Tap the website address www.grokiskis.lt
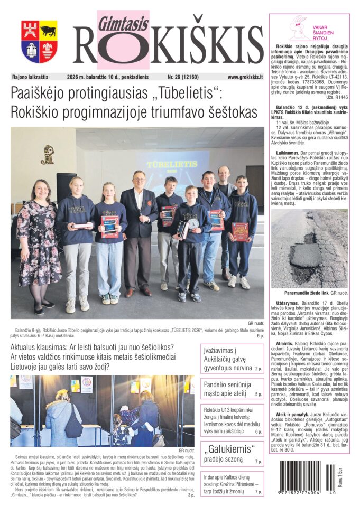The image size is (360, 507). click(x=245, y=77)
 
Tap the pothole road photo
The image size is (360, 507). click(x=309, y=248)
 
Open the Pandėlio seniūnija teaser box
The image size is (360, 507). click(x=232, y=389)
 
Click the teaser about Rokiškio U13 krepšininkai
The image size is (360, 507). click(x=232, y=420)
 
